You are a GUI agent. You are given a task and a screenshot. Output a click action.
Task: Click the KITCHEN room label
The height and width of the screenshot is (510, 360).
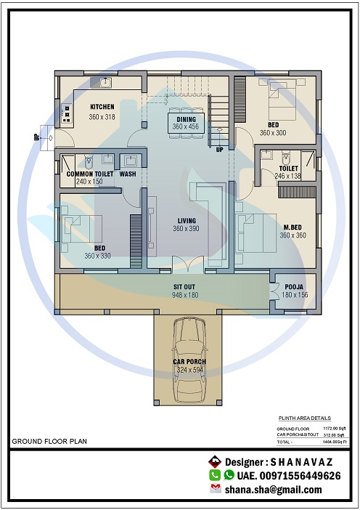tap(102, 107)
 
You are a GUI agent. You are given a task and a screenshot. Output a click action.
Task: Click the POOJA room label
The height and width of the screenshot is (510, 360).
tap(294, 287)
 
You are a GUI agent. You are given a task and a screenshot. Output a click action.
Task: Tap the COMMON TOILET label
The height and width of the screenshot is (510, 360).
tap(89, 174)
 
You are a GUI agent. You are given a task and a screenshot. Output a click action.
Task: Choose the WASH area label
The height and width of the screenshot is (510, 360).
tap(128, 174)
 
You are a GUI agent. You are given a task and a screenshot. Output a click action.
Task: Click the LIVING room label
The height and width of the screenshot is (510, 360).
tap(185, 220)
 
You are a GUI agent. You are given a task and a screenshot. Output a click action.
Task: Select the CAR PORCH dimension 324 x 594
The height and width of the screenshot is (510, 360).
tap(189, 370)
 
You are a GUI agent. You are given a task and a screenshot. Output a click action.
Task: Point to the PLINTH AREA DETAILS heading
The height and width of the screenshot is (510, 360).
tap(304, 418)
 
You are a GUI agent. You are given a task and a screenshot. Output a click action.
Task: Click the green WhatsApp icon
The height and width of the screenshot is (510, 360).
tap(229, 475)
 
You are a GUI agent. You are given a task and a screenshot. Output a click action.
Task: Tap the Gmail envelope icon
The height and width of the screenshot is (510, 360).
tap(216, 489)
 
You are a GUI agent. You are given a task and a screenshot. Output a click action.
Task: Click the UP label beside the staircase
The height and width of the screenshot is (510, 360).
tap(219, 150)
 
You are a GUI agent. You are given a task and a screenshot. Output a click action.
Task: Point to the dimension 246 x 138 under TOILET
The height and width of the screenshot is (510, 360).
tap(287, 176)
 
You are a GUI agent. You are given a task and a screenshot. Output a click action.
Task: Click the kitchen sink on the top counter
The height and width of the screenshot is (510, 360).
tap(105, 82)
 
